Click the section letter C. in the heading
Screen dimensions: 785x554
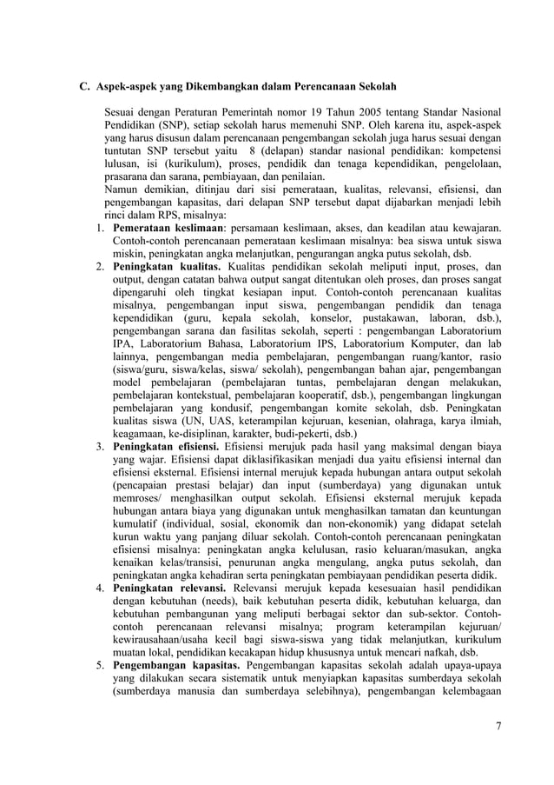(x=85, y=87)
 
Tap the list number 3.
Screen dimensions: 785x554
(x=100, y=446)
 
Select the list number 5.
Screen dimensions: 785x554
(x=100, y=666)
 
